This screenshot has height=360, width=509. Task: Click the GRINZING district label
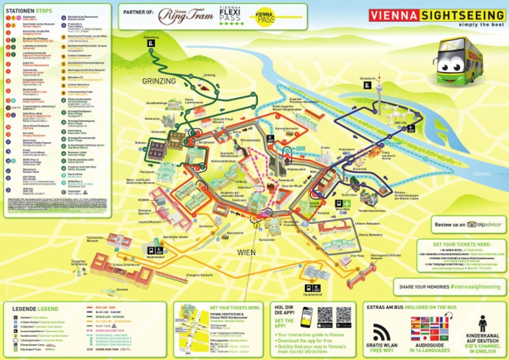(x=159, y=81)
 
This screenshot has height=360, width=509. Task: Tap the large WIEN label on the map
(x=246, y=253)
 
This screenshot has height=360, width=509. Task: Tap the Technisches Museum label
(x=93, y=239)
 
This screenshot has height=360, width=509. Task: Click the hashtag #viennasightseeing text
(x=477, y=286)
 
